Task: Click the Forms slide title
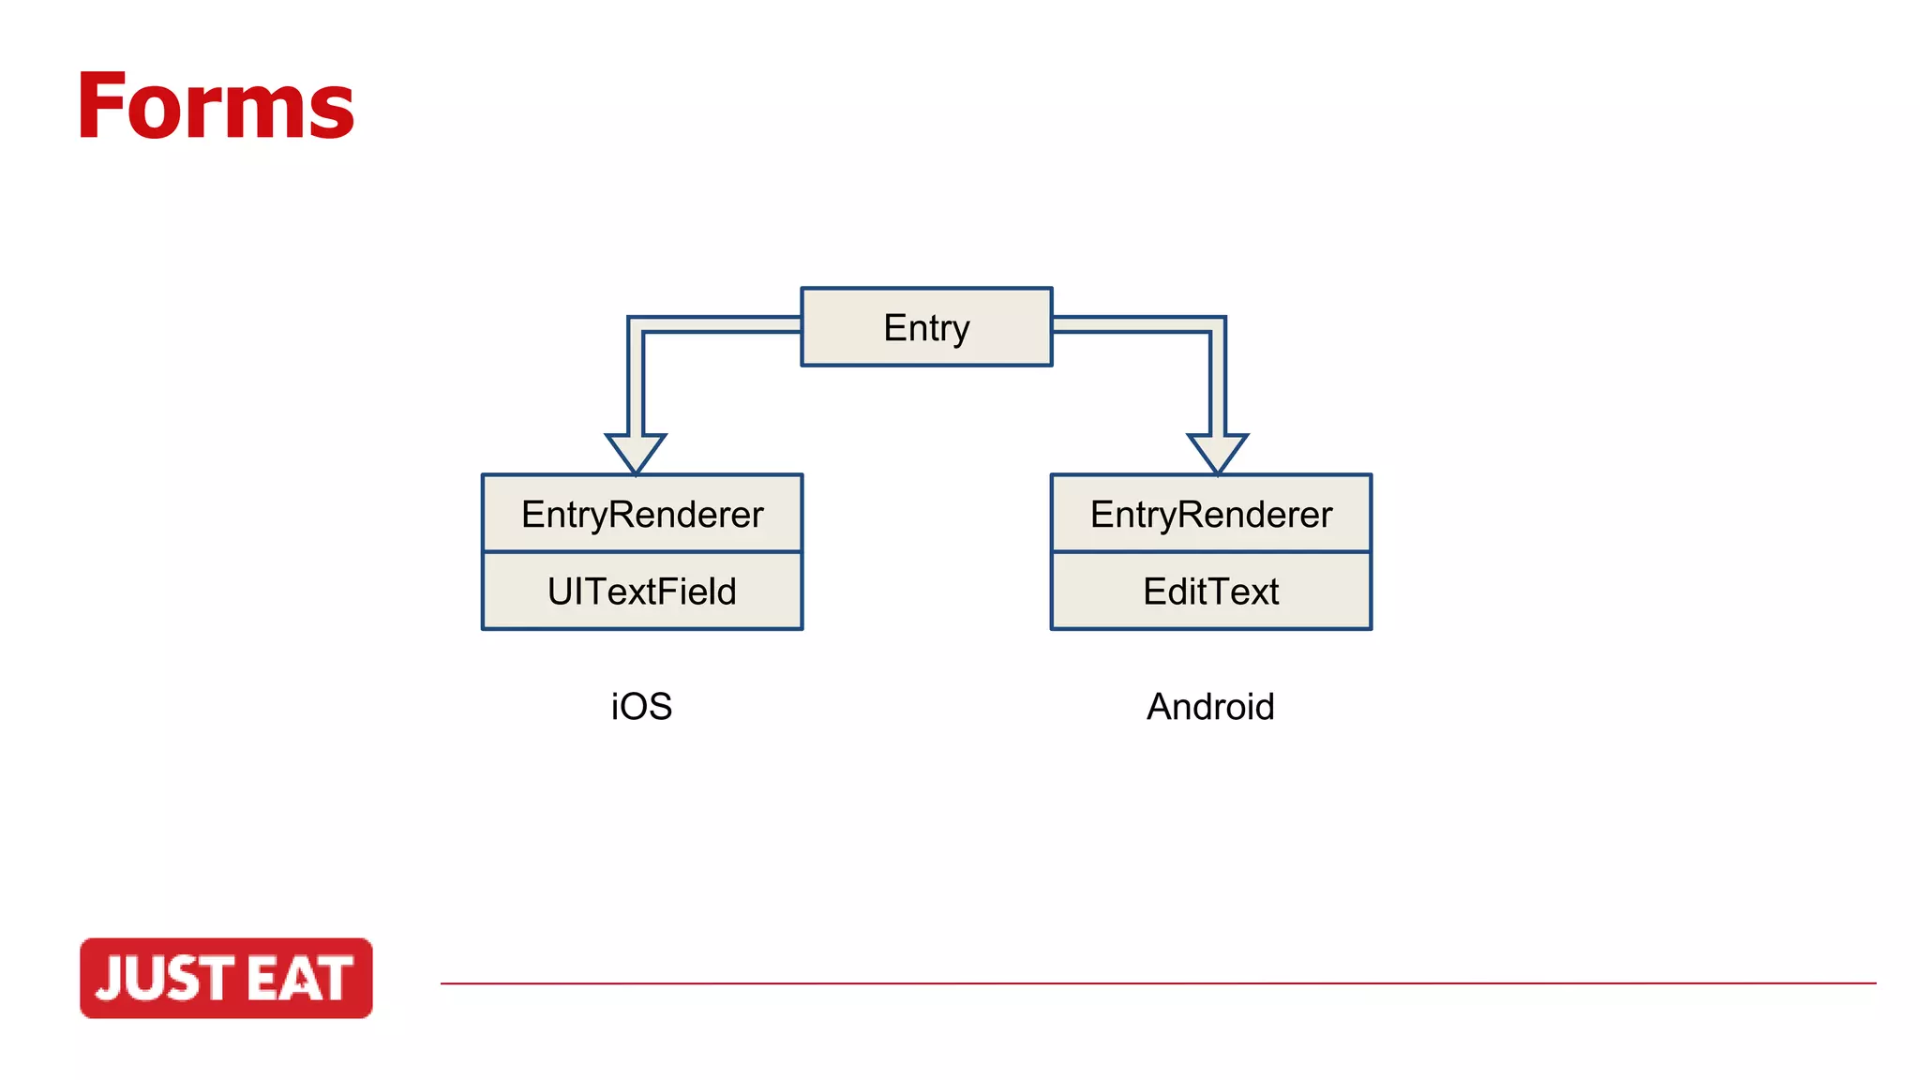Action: click(216, 107)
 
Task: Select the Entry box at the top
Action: click(926, 327)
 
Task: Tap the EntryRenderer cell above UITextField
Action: click(642, 514)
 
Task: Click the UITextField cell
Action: click(642, 592)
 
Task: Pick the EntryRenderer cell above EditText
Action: click(1210, 514)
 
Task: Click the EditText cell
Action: click(1210, 592)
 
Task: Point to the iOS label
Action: click(641, 707)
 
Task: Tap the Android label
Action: click(1210, 707)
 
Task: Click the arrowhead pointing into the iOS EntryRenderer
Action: click(636, 452)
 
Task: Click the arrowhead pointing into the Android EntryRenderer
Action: click(1217, 452)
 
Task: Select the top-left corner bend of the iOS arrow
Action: click(637, 325)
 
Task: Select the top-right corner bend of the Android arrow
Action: click(1217, 325)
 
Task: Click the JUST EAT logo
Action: click(226, 978)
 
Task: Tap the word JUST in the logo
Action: click(165, 979)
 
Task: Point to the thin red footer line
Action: click(1158, 983)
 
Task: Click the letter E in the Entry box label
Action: click(894, 327)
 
